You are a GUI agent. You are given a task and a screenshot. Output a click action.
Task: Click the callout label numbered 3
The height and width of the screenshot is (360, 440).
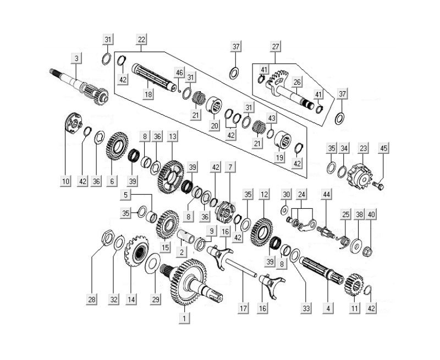point(76,58)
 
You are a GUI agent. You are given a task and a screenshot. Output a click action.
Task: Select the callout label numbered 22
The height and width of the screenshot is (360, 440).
point(142,40)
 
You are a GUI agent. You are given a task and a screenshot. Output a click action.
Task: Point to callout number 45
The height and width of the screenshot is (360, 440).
point(384,148)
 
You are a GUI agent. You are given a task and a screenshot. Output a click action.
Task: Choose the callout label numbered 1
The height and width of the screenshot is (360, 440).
point(184,317)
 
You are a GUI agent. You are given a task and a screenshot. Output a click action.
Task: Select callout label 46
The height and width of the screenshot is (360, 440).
point(179,73)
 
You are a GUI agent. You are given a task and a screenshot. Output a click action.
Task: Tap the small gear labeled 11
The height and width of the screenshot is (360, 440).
point(353,285)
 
